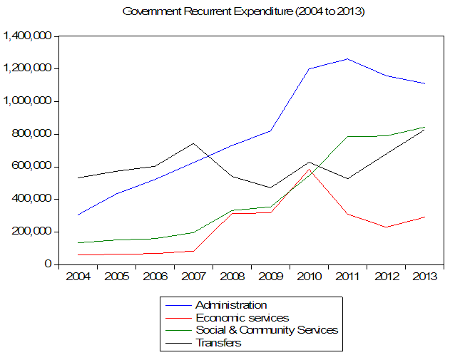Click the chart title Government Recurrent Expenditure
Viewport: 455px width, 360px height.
243,12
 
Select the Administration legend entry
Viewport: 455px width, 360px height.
231,306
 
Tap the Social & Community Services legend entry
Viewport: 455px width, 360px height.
266,330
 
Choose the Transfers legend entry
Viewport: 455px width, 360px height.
218,342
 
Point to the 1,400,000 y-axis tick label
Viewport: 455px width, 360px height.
29,36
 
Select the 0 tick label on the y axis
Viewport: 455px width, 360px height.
49,264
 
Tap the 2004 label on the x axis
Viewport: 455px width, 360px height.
78,276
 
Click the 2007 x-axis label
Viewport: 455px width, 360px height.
193,276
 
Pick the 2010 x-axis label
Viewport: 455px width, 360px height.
309,276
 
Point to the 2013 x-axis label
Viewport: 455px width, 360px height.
424,276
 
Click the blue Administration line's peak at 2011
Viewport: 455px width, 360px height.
347,58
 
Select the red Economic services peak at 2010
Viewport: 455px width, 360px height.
309,169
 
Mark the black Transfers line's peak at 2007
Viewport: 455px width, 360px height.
193,143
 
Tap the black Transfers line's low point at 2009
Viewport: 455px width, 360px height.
270,187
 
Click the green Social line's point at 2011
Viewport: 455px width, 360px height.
347,136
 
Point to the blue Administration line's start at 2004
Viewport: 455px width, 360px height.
78,215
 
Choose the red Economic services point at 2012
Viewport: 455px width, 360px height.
386,227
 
